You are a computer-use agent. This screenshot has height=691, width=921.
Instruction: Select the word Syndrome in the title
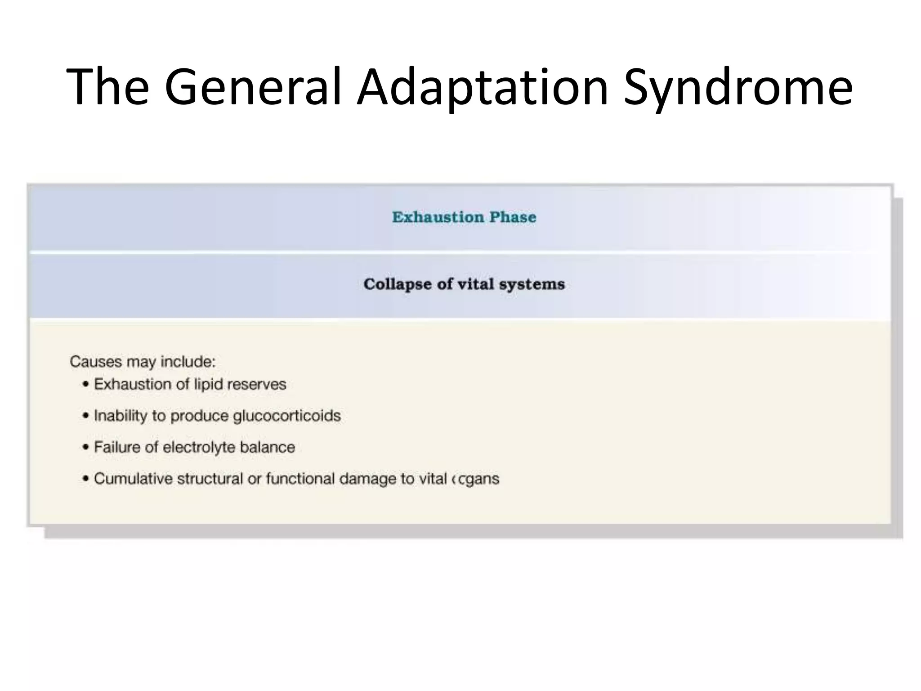[x=738, y=88]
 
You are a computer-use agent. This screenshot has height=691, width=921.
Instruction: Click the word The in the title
[x=108, y=88]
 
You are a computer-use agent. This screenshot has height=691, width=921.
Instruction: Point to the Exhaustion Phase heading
[x=464, y=217]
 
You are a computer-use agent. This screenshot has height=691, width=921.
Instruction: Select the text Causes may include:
[x=143, y=362]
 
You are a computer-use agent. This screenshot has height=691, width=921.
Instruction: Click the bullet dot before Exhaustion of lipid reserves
[x=85, y=385]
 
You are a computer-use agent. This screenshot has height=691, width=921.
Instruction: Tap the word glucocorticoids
[x=286, y=416]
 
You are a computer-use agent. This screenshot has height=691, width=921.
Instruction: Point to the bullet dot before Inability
[x=85, y=416]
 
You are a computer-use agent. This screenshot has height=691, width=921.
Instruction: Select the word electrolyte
[x=199, y=447]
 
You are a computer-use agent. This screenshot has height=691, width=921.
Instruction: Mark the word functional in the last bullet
[x=300, y=479]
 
